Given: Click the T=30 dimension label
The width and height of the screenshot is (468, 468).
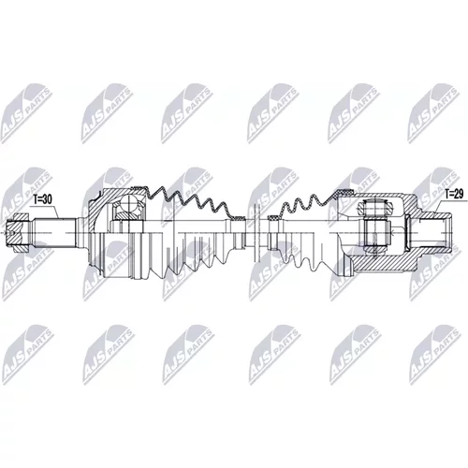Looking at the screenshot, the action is [x=42, y=200].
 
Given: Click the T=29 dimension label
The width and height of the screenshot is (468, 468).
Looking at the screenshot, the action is [x=454, y=194].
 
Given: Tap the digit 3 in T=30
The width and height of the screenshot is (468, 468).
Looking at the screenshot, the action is [x=45, y=200].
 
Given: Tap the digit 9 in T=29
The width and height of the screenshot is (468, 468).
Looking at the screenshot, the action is [x=461, y=194].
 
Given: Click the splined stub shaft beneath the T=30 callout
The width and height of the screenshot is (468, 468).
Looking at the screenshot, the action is [x=54, y=233].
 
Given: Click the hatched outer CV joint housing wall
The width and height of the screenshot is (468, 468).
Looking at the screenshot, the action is [x=100, y=204].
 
